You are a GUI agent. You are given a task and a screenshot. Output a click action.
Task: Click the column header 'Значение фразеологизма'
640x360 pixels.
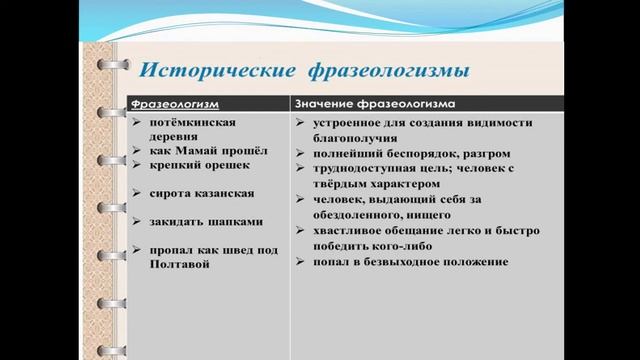click(376, 103)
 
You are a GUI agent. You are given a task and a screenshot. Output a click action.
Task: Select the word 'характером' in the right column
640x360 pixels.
click(415, 183)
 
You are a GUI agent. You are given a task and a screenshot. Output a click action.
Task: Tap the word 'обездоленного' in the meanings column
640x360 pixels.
click(369, 214)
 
